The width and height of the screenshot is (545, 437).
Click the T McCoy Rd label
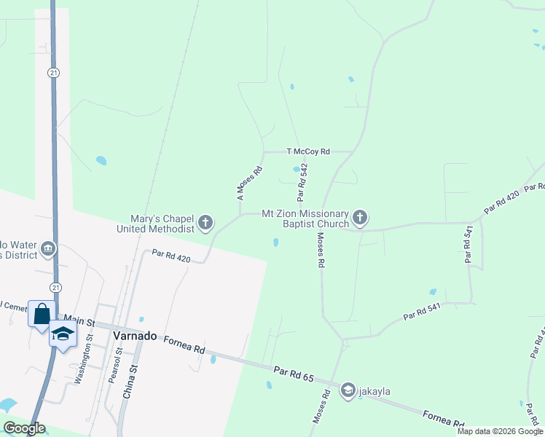click(x=308, y=151)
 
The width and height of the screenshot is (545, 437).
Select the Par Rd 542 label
click(x=302, y=182)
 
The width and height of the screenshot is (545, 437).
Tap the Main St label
click(x=80, y=318)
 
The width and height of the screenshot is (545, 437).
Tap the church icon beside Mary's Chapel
click(x=205, y=223)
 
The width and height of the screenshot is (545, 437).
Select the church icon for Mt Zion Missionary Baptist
click(x=360, y=218)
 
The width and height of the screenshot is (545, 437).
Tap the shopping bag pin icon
click(x=42, y=314)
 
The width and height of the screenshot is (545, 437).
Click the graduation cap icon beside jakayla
click(x=348, y=391)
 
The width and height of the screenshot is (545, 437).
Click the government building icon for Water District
click(x=48, y=249)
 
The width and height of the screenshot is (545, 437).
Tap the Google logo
click(x=24, y=428)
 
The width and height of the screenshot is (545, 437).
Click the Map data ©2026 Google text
click(x=500, y=431)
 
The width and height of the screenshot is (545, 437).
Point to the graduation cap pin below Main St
click(x=63, y=334)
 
